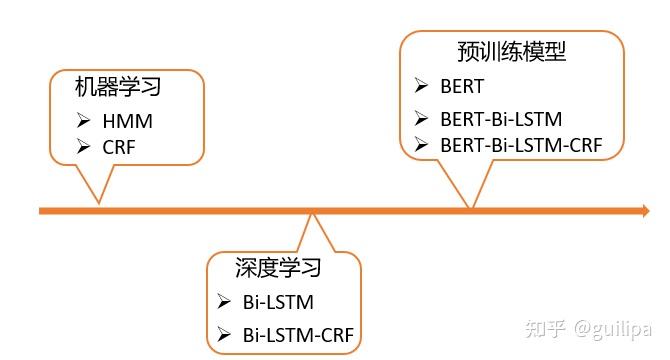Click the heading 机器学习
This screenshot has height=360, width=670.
tap(118, 88)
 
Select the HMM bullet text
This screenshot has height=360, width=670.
tap(128, 122)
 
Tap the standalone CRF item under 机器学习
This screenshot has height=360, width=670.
tap(119, 148)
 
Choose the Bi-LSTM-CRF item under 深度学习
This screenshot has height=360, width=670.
tap(298, 334)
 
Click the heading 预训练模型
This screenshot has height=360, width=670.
tap(511, 50)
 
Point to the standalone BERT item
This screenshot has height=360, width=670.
tap(462, 86)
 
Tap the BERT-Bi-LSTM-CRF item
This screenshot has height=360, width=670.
tap(521, 145)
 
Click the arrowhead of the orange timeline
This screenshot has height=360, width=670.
tap(642, 211)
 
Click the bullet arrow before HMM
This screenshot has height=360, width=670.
tap(83, 122)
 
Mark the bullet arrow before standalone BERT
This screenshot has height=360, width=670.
tap(421, 86)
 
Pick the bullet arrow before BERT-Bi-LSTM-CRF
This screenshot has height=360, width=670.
tap(421, 145)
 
